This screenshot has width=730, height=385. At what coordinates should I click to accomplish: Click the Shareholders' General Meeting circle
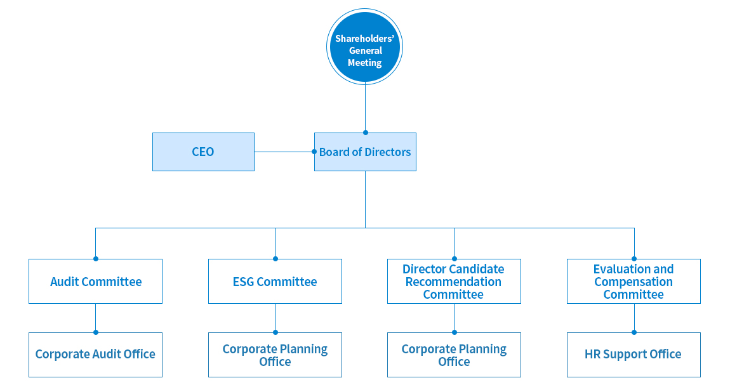tap(365, 47)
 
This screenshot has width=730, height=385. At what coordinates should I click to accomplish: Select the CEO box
tap(203, 152)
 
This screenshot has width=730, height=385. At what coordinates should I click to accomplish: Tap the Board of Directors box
tap(365, 152)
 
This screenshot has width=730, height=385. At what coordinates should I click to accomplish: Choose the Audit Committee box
tap(95, 281)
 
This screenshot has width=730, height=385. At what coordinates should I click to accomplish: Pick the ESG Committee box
tap(275, 281)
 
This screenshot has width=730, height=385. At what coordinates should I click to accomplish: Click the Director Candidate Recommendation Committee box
tap(454, 281)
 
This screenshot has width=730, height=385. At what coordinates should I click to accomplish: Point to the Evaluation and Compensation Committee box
tap(634, 281)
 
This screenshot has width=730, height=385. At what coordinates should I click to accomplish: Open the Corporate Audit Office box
tap(95, 355)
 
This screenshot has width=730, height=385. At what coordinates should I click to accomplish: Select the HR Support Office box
tap(634, 355)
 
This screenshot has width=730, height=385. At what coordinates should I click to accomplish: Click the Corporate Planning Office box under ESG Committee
tap(275, 355)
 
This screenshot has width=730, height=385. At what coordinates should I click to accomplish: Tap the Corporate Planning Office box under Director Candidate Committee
tap(454, 355)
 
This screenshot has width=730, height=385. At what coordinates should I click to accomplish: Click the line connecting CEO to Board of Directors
tap(284, 152)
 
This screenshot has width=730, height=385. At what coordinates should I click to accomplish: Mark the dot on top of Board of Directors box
tap(365, 133)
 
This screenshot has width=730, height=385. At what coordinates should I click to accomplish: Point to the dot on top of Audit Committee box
tap(96, 259)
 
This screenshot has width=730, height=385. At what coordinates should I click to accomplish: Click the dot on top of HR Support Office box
tap(634, 332)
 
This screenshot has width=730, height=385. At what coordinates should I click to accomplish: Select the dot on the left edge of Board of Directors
tap(314, 152)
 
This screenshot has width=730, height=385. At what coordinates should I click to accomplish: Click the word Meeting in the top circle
tap(365, 63)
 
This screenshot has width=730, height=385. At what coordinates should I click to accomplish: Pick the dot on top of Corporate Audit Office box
tap(96, 332)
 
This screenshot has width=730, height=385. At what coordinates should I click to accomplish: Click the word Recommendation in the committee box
tap(454, 282)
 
